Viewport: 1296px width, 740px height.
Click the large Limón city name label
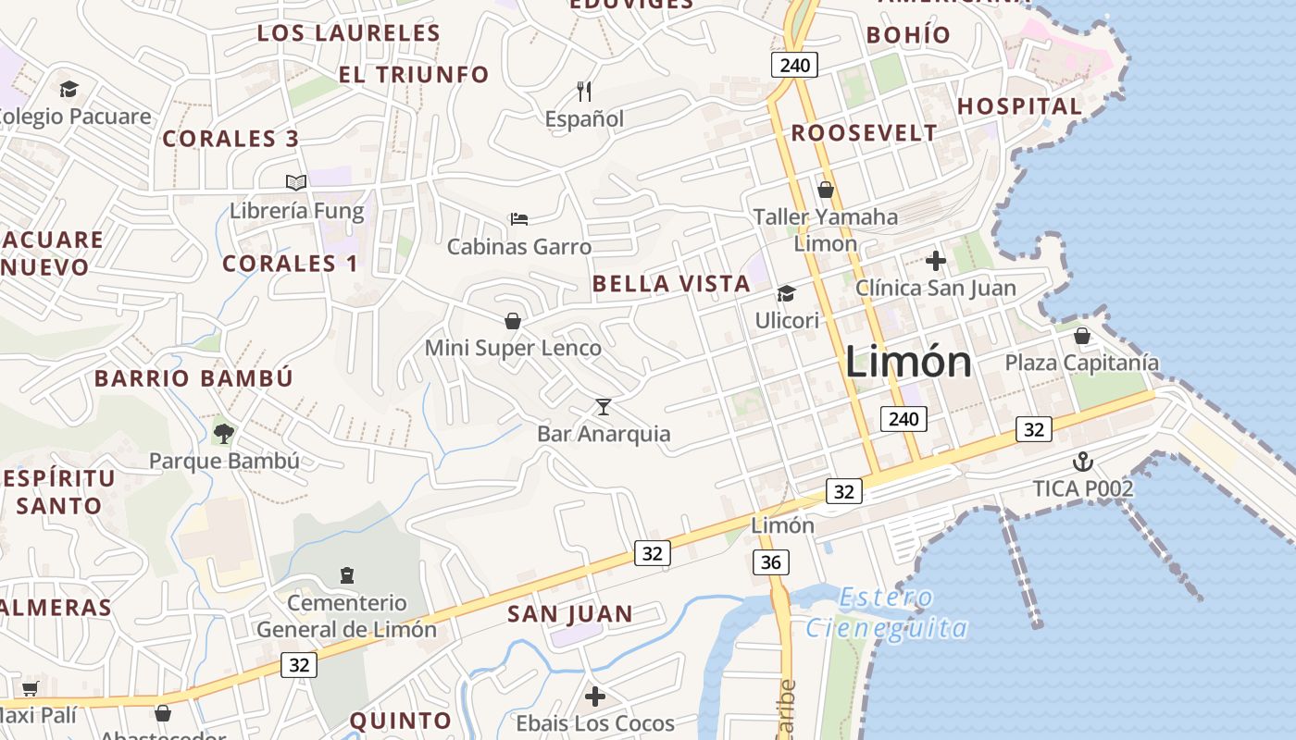[908, 362]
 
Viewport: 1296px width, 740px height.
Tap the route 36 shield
[770, 561]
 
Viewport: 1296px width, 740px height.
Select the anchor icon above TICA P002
[1082, 461]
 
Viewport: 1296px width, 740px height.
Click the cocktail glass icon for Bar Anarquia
[604, 406]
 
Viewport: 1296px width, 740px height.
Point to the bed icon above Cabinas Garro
[519, 219]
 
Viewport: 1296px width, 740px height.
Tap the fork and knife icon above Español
[584, 91]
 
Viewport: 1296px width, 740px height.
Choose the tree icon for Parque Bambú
[223, 432]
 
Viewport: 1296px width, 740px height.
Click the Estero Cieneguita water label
[886, 613]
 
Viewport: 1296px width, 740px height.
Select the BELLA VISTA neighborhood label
[671, 284]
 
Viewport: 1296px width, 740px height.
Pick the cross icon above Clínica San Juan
[936, 261]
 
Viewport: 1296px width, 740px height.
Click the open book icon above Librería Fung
[296, 182]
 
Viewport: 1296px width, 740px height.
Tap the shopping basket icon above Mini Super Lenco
[512, 321]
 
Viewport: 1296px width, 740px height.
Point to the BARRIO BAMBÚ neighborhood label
[193, 378]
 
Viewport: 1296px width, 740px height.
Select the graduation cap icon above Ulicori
[786, 293]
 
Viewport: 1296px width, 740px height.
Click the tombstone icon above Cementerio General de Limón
[347, 575]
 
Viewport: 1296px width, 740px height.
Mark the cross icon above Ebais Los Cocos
[595, 696]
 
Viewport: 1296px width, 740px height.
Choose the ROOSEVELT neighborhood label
[864, 133]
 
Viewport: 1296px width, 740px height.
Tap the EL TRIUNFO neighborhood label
[414, 75]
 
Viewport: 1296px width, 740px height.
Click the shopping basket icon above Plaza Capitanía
[1081, 335]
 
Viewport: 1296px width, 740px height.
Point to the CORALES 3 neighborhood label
[231, 139]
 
